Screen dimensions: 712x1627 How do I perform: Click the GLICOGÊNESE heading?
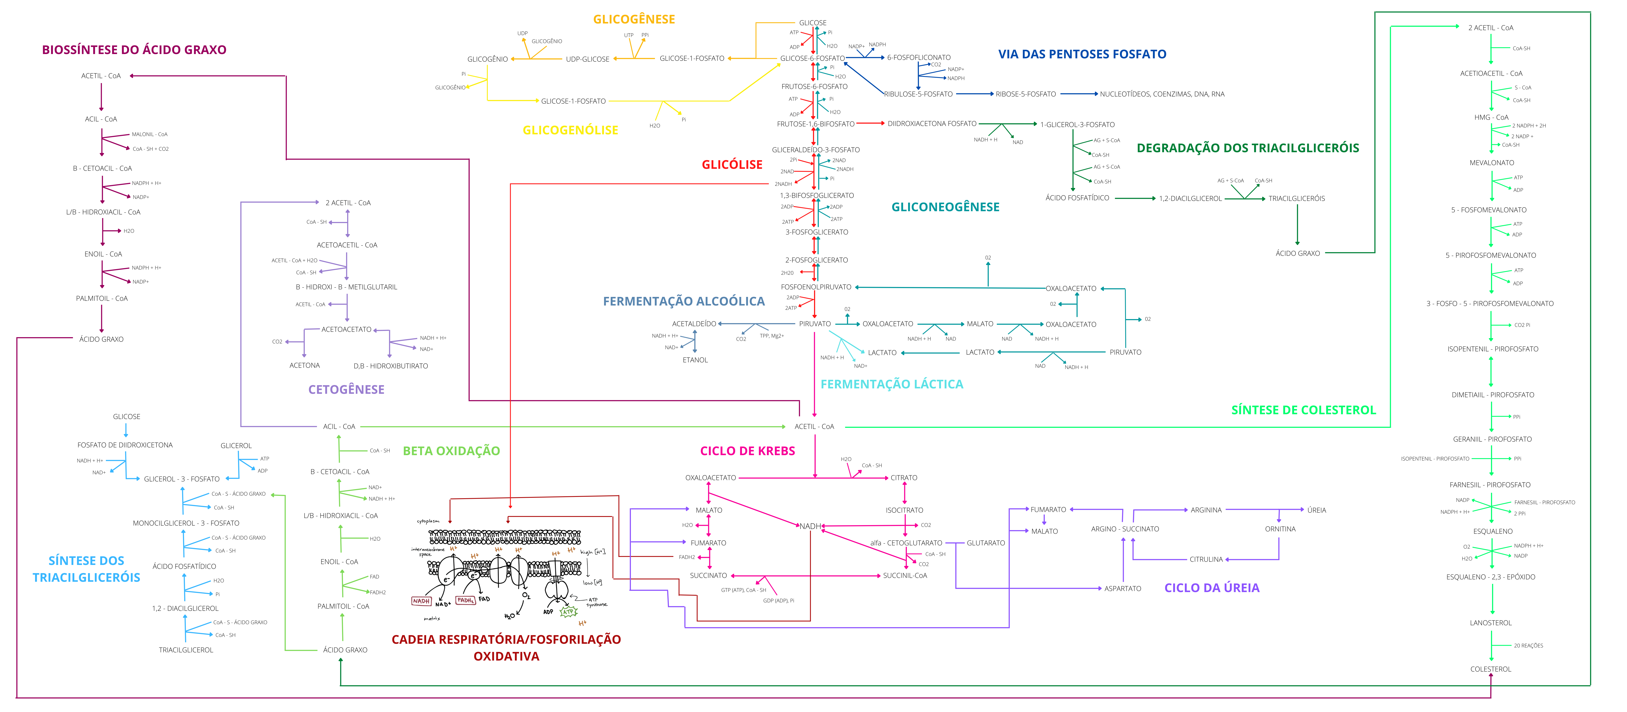point(633,20)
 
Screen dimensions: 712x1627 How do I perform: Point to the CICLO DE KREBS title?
point(747,451)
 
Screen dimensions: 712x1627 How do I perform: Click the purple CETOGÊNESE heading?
point(346,390)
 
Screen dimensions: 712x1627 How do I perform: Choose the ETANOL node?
point(695,360)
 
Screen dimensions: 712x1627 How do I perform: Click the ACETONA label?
point(304,366)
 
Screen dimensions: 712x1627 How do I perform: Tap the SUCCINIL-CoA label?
point(904,575)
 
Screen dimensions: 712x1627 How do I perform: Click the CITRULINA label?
point(1206,560)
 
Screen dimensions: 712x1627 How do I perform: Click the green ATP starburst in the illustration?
point(568,611)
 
